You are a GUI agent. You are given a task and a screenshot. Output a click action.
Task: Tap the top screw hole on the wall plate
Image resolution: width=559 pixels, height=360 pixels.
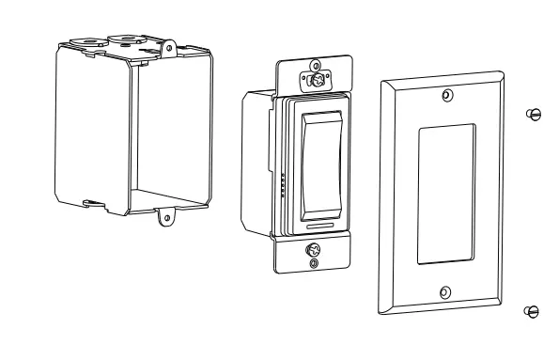pyautogui.click(x=446, y=95)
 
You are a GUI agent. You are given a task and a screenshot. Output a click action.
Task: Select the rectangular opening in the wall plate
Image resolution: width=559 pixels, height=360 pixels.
pyautogui.click(x=446, y=194)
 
